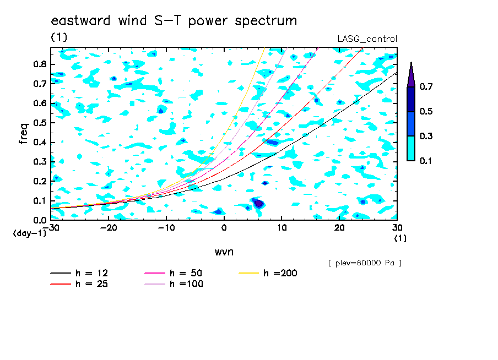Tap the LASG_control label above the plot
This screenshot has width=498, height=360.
point(367,39)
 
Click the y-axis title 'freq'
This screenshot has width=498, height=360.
point(24,134)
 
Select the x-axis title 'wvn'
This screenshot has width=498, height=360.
point(224,252)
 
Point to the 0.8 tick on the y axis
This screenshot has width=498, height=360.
point(40,64)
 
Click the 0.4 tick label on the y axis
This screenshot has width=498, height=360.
point(40,143)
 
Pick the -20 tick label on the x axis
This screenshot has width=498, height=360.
point(109,228)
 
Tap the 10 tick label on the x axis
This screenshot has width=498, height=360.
point(282,228)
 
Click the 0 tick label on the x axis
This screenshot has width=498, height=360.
point(224,228)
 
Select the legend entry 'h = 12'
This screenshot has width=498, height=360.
point(79,273)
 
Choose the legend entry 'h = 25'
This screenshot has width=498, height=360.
point(79,284)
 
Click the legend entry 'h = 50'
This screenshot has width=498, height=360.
point(174,273)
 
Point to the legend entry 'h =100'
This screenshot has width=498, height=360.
point(174,284)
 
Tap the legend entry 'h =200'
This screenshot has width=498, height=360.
point(268,273)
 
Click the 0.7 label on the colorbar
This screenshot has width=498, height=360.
point(426,86)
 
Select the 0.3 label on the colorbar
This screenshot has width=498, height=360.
point(426,136)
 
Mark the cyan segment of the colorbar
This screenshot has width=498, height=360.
point(411,149)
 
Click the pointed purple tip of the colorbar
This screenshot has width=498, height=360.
point(412,63)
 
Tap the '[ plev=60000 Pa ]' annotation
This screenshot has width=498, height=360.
point(365,263)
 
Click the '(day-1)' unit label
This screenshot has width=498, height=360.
point(30,233)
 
